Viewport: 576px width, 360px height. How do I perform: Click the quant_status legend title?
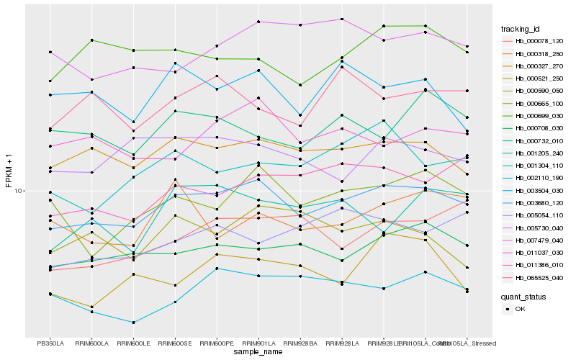[x=523, y=297]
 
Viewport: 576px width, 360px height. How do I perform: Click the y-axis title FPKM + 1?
[x=9, y=171]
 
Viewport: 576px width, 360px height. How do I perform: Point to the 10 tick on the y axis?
[x=19, y=192]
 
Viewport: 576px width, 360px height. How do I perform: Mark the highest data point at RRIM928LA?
[x=342, y=19]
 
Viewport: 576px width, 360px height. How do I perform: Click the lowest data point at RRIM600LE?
[x=133, y=323]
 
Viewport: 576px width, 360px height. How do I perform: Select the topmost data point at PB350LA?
[x=50, y=52]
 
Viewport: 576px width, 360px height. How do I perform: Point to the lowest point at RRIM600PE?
[x=217, y=269]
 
